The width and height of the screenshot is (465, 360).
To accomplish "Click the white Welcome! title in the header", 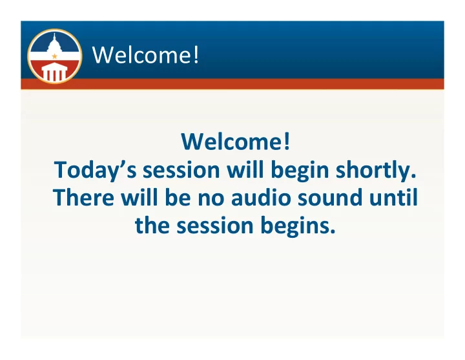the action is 145,55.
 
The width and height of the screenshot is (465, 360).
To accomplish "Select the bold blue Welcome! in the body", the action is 236,142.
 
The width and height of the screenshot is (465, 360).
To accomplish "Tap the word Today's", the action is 95,171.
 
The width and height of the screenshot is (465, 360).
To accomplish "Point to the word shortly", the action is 376,171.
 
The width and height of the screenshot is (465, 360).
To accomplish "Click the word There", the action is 83,198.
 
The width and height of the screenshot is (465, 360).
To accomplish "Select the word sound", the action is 330,198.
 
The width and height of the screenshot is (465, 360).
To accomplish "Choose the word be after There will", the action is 178,198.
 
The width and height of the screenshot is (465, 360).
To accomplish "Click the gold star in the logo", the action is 54,56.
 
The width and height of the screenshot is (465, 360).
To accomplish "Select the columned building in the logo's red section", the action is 54,72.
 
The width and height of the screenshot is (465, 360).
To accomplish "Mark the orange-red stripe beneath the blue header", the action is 232,83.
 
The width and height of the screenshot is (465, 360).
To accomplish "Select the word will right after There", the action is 139,198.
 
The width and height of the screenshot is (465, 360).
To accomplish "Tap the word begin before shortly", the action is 300,171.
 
